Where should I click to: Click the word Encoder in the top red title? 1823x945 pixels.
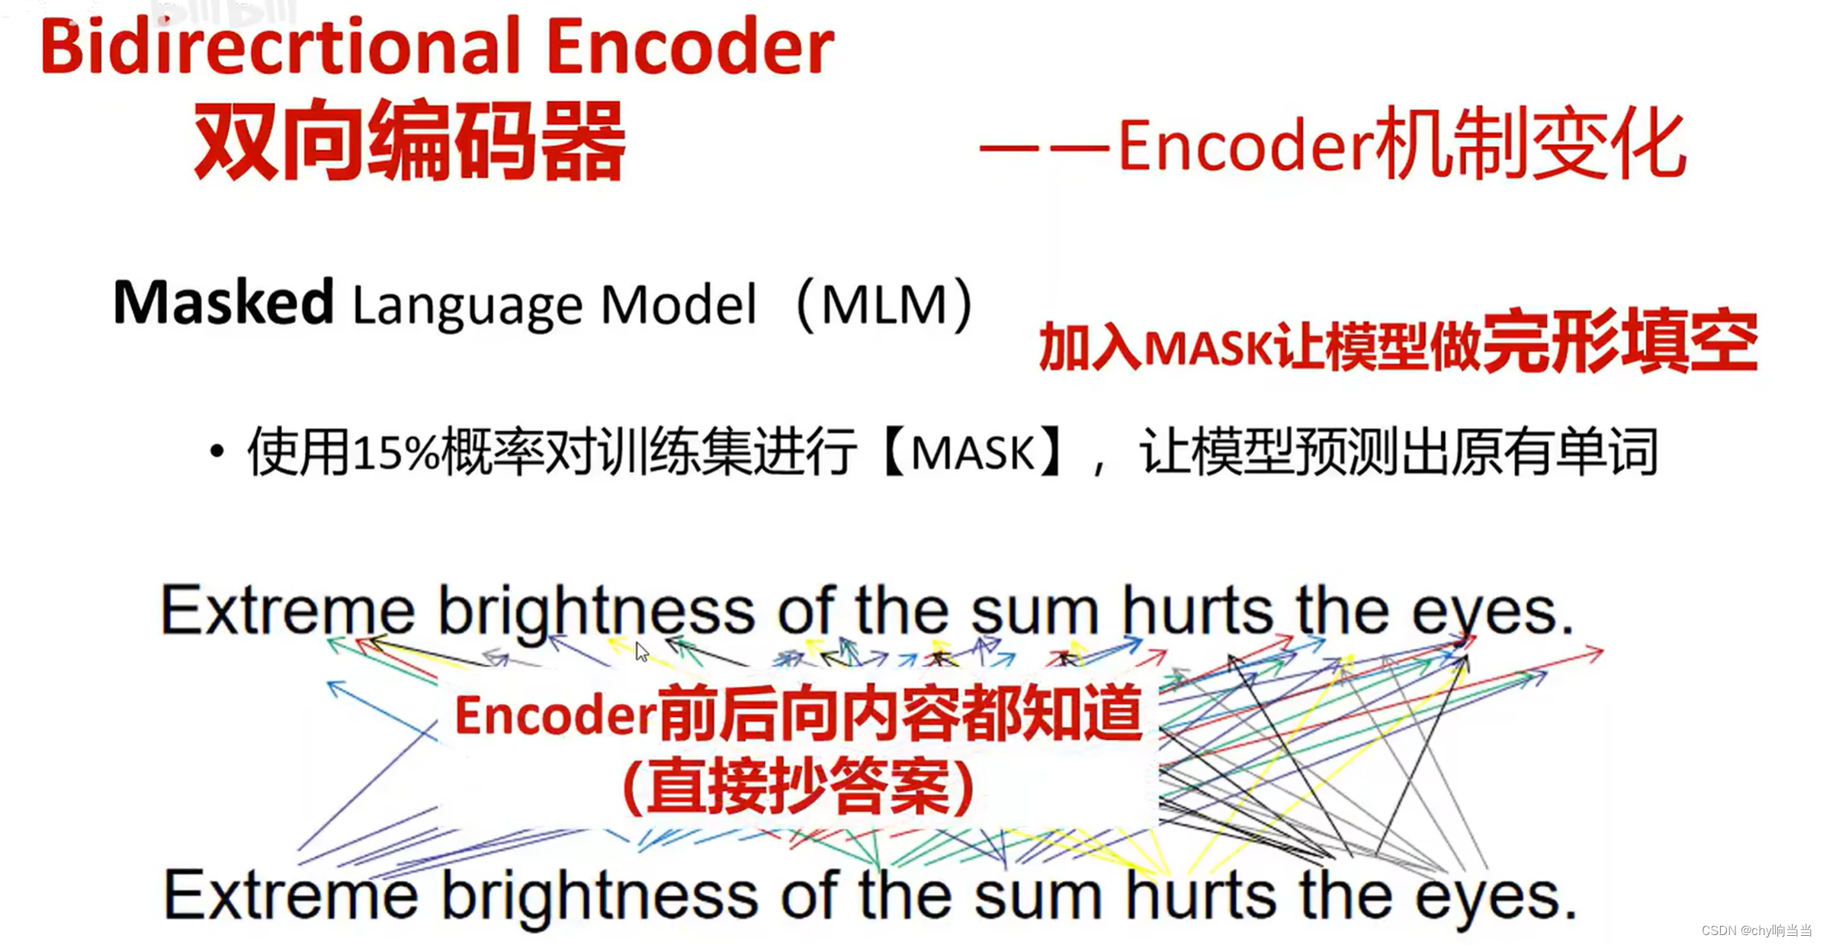point(689,47)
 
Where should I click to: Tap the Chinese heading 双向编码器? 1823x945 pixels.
point(409,142)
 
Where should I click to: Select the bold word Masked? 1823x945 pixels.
point(223,302)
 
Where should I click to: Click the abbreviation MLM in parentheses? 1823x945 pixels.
point(884,305)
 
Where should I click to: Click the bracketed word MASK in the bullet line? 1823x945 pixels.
point(972,453)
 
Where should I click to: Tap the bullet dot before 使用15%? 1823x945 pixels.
point(217,452)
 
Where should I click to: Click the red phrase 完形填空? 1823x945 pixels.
point(1619,343)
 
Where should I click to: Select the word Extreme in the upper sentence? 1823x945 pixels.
point(288,610)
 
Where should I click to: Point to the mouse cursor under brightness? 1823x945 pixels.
point(641,651)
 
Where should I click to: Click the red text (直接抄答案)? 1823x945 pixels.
point(798,786)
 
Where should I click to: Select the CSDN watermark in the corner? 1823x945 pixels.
point(1756,931)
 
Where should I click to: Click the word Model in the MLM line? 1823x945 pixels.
point(679,305)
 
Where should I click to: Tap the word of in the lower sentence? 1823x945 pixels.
point(809,895)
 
